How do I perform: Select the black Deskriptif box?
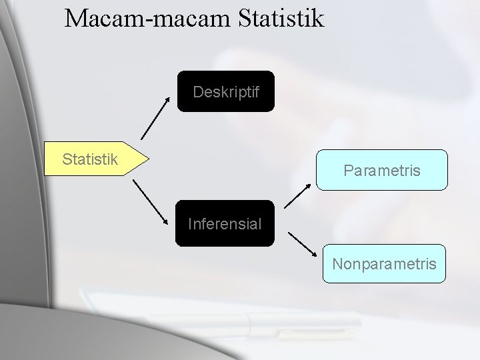click(225, 91)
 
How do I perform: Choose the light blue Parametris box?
click(381, 170)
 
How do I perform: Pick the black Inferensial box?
click(225, 223)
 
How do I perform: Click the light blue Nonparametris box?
click(384, 264)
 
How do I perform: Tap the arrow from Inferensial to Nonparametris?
click(303, 243)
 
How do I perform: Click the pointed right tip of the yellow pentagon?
click(147, 159)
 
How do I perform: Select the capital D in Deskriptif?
click(198, 91)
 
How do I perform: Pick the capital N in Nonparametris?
click(337, 264)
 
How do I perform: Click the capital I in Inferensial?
click(191, 223)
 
